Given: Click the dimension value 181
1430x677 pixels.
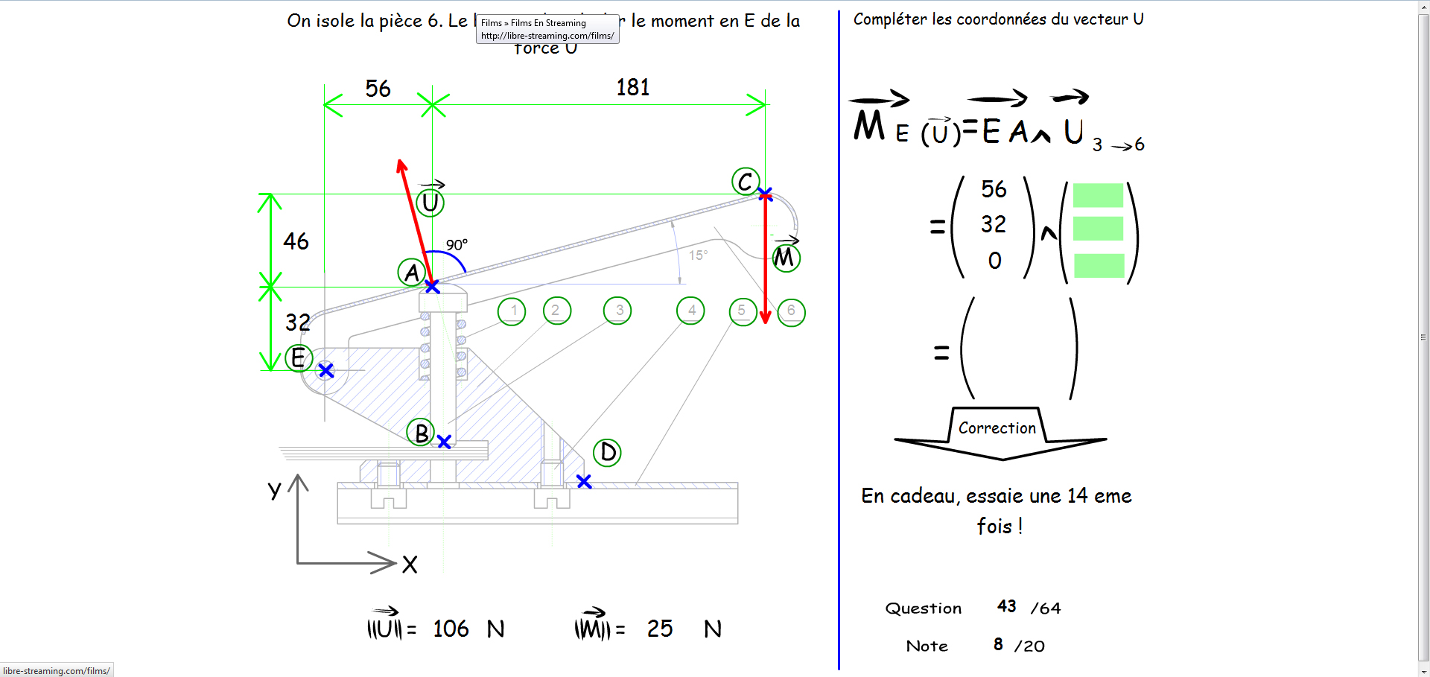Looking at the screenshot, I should click(632, 88).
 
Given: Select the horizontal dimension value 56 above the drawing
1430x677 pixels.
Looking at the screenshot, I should click(378, 89).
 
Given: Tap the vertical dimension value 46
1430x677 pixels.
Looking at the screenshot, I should click(296, 241).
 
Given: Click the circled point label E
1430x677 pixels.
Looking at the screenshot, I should click(298, 358).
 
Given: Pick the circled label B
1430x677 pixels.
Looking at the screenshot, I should click(421, 432).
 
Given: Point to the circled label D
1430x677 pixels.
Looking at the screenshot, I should click(607, 452).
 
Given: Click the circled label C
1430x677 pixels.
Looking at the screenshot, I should click(745, 181).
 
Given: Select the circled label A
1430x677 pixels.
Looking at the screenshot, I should click(411, 273).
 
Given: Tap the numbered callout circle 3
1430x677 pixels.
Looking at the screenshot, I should click(618, 311).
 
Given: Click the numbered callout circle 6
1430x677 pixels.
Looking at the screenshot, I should click(791, 311).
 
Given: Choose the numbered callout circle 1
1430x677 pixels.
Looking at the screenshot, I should click(512, 311).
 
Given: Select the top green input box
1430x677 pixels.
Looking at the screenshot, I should click(1098, 195).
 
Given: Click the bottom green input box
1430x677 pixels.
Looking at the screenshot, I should click(1099, 265).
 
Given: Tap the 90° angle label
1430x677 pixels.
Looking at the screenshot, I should click(457, 245).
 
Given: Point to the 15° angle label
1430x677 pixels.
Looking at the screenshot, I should click(698, 255).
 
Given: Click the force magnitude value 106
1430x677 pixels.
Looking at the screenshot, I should click(451, 629).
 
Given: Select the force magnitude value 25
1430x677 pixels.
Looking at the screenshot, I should click(659, 629).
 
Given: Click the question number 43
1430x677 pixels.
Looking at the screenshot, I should click(1007, 606).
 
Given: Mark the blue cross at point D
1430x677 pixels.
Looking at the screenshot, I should click(584, 482).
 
